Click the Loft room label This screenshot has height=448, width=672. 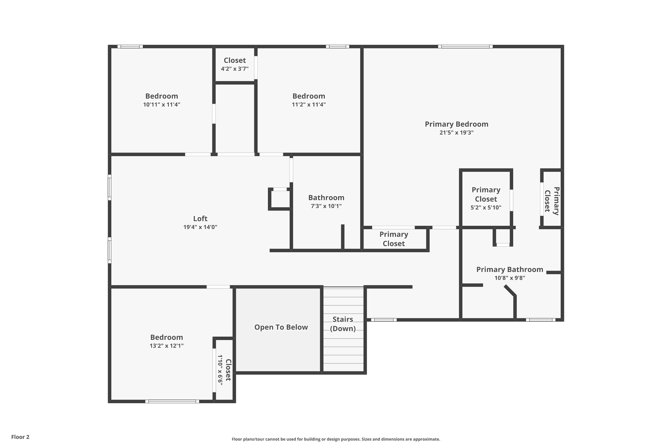pyautogui.click(x=200, y=219)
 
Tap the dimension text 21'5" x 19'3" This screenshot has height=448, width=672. pyautogui.click(x=456, y=133)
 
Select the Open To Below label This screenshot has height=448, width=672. pyautogui.click(x=281, y=327)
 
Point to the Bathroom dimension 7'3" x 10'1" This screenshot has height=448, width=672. pyautogui.click(x=326, y=206)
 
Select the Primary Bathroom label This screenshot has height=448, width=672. pyautogui.click(x=509, y=269)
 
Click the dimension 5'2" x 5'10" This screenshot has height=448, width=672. pyautogui.click(x=486, y=208)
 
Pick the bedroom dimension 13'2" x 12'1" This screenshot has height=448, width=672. pyautogui.click(x=167, y=346)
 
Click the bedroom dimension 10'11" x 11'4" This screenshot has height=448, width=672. pyautogui.click(x=162, y=105)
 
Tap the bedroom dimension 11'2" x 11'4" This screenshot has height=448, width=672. pyautogui.click(x=309, y=105)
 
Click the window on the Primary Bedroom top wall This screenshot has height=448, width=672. pyautogui.click(x=465, y=47)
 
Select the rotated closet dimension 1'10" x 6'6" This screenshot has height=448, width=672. pyautogui.click(x=220, y=370)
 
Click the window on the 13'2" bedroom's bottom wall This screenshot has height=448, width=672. pyautogui.click(x=172, y=401)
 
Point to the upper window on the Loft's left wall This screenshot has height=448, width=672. pyautogui.click(x=110, y=187)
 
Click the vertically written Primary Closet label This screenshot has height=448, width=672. pyautogui.click(x=552, y=201)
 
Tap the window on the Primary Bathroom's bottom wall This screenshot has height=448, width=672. pyautogui.click(x=541, y=320)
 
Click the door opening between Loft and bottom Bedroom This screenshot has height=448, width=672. pyautogui.click(x=218, y=287)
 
